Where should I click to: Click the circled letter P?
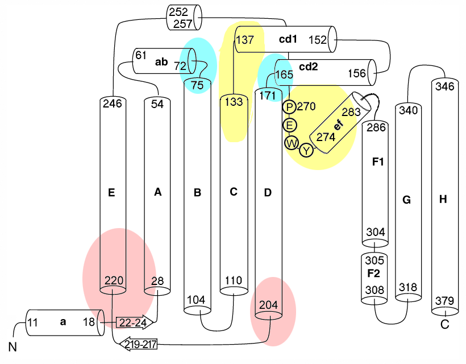coord(290,106)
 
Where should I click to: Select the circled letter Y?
coord(307,150)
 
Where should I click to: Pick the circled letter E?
coord(290,124)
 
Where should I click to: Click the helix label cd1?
coord(288,39)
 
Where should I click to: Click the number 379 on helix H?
coord(444,300)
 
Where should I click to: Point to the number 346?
coord(444,86)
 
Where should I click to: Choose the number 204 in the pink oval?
coord(268,304)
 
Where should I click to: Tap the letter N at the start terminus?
coord(13,346)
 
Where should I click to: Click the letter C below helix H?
coord(444,325)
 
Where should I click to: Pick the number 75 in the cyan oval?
coord(197,85)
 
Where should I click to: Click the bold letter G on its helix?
coord(406,200)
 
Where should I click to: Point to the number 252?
coord(182,12)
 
